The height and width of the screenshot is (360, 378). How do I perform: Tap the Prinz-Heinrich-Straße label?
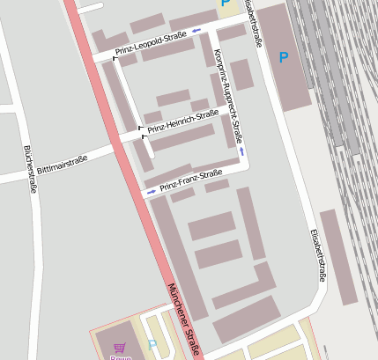tap(183, 121)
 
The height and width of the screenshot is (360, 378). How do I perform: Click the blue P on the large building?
tap(284, 58)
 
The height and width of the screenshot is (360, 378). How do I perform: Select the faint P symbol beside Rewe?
tap(152, 345)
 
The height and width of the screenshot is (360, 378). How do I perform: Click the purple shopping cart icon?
tap(120, 347)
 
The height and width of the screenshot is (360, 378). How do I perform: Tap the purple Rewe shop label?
tap(119, 356)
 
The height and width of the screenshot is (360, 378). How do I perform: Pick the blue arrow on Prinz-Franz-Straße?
tap(152, 191)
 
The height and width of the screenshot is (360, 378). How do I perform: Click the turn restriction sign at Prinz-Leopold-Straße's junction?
tap(114, 55)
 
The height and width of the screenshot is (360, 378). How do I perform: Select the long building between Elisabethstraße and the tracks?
tap(338, 255)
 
